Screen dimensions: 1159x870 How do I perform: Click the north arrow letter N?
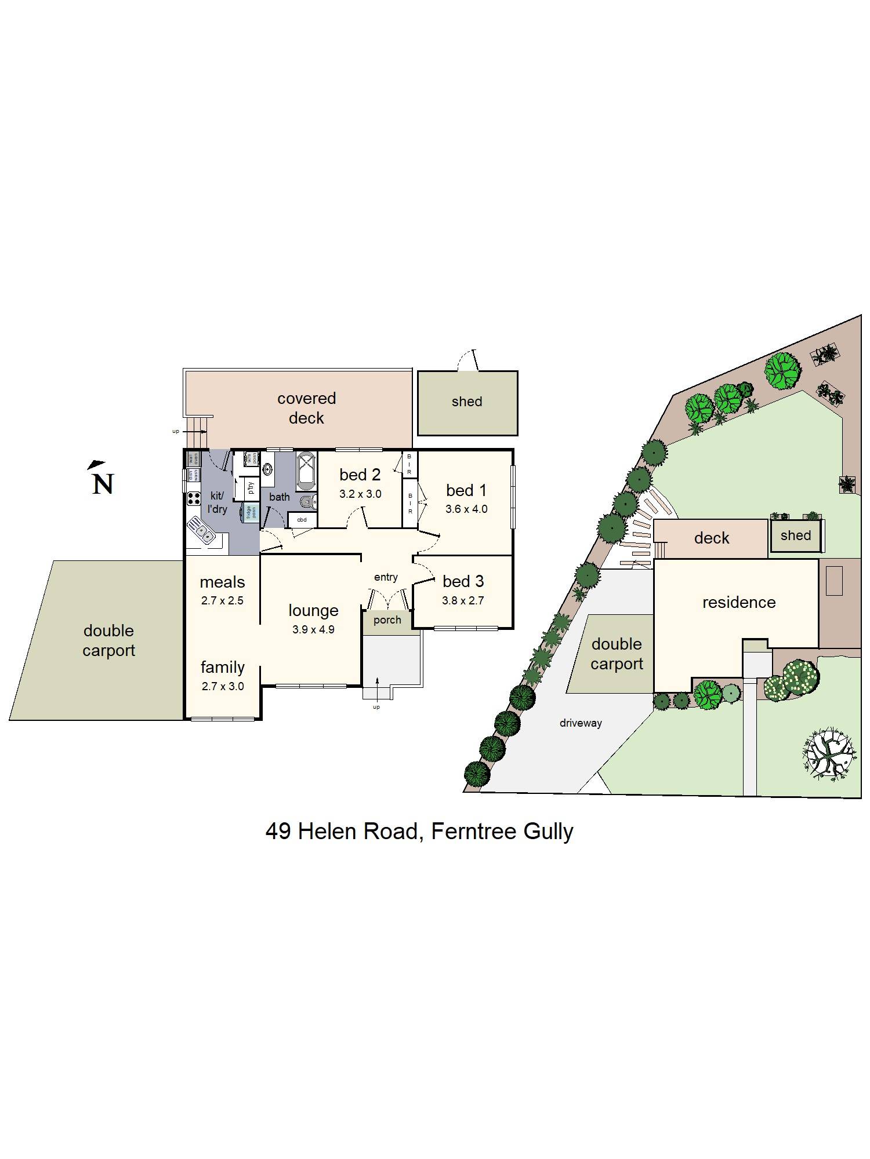pos(103,484)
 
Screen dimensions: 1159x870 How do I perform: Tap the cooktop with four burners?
pos(194,498)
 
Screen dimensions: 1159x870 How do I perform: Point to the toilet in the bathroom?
pos(309,501)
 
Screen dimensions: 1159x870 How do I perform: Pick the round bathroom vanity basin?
pos(268,468)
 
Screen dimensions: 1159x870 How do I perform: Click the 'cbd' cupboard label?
pos(302,520)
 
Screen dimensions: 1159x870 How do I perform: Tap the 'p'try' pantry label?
pos(251,488)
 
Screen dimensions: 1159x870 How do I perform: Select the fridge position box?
pos(251,512)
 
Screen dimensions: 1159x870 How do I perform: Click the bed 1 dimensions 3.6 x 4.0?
pos(466,509)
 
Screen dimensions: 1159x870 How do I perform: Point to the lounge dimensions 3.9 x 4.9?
pos(313,629)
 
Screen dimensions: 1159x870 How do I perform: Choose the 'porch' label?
pos(387,620)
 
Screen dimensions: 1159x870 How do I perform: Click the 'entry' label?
pos(386,577)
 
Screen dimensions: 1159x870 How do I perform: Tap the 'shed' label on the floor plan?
pos(467,402)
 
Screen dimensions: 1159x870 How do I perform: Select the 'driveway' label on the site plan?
pos(581,723)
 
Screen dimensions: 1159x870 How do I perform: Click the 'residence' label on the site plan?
pos(739,603)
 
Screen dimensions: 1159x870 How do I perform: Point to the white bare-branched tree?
pos(830,753)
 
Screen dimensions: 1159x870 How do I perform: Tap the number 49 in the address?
pos(278,832)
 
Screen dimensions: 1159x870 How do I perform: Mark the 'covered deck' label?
pos(306,408)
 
